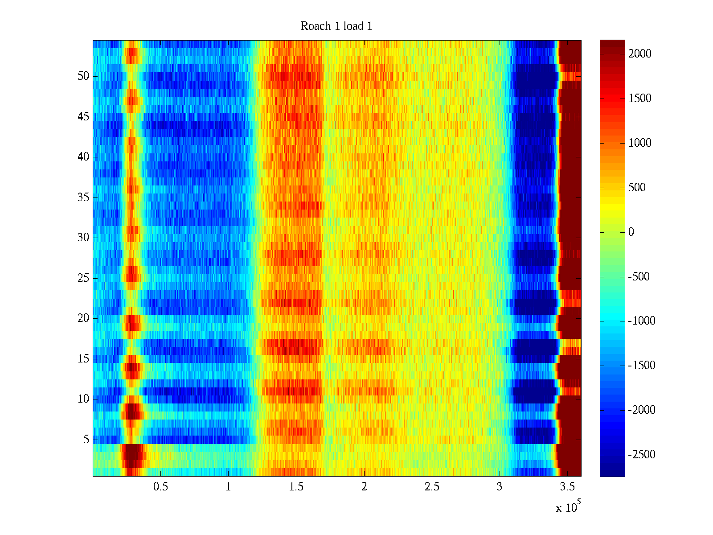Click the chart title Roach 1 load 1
tap(336, 26)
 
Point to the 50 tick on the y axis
tap(83, 76)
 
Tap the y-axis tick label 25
tap(83, 278)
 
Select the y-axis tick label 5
tap(86, 440)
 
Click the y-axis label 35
tap(83, 198)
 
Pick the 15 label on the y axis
tap(83, 359)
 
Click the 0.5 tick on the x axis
tap(160, 487)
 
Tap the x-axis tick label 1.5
tap(296, 487)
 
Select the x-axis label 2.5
tap(432, 487)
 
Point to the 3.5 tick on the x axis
tap(567, 487)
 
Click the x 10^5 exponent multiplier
tap(568, 507)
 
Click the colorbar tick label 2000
tap(639, 54)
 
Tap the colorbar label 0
tap(631, 232)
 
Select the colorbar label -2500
tap(641, 455)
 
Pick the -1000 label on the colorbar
tap(641, 321)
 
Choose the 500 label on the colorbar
tap(637, 188)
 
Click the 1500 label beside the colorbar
tap(639, 99)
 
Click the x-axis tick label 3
tap(500, 487)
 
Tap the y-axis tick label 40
tap(83, 157)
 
